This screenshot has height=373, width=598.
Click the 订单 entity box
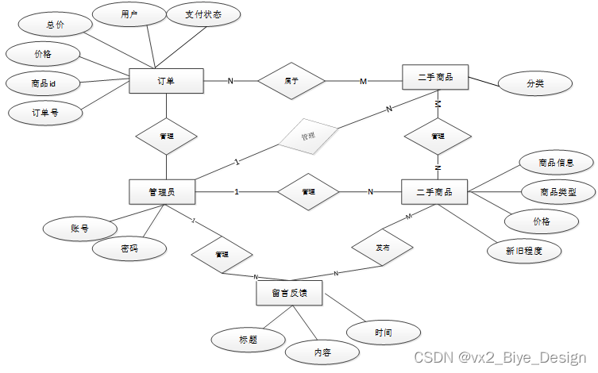166,80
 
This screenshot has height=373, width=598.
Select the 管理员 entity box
162,191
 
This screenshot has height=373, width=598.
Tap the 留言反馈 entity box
289,293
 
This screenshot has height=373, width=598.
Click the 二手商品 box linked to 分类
435,77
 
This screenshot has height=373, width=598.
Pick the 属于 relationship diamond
291,80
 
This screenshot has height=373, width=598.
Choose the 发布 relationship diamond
383,248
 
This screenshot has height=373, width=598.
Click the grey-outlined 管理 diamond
307,137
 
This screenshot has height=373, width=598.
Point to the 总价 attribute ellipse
55,25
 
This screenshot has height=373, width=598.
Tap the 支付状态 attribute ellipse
203,15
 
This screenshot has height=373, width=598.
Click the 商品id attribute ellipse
43,83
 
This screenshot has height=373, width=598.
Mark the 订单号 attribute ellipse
45,113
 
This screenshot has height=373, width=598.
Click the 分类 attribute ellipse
535,83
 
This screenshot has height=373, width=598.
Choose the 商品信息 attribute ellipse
556,163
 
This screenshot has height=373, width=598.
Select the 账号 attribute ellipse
79,229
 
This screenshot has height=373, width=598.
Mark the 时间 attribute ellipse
384,332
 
